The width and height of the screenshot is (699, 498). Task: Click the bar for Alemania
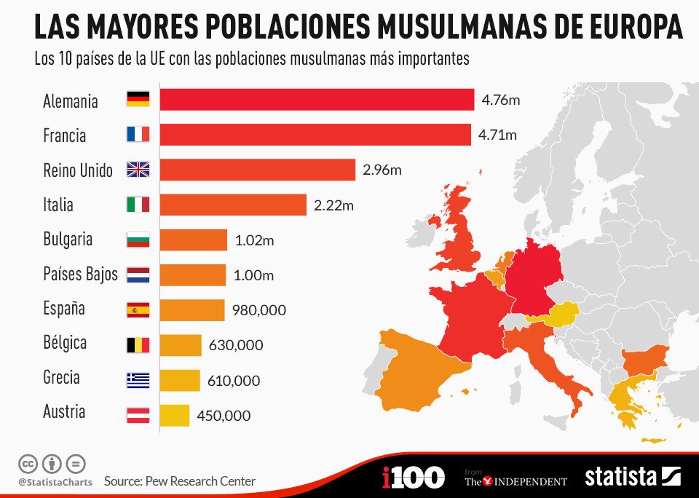pos(317,100)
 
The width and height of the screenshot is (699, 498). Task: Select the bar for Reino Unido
pos(257,170)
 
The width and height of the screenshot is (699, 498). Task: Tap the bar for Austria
pos(175,415)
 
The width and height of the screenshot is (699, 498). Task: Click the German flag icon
pos(138,100)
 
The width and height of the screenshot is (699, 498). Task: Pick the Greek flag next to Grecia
pos(138,380)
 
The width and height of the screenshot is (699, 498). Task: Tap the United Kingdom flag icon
pos(138,170)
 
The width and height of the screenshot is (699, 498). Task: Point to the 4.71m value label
pos(497,135)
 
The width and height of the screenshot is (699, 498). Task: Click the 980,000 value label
pos(259,310)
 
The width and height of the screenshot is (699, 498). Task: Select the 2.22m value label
pos(333,205)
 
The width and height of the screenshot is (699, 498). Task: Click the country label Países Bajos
pos(80,274)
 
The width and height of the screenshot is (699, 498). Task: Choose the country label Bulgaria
pos(68,240)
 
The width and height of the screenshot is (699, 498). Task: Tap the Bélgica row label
pos(65,342)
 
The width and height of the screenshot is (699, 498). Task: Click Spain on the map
pos(422,364)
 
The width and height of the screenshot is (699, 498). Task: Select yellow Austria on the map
pos(557,315)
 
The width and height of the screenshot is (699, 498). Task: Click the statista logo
pos(632,477)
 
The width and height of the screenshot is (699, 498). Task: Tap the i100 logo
pos(413,478)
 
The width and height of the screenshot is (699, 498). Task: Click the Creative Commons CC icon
pos(28,463)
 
